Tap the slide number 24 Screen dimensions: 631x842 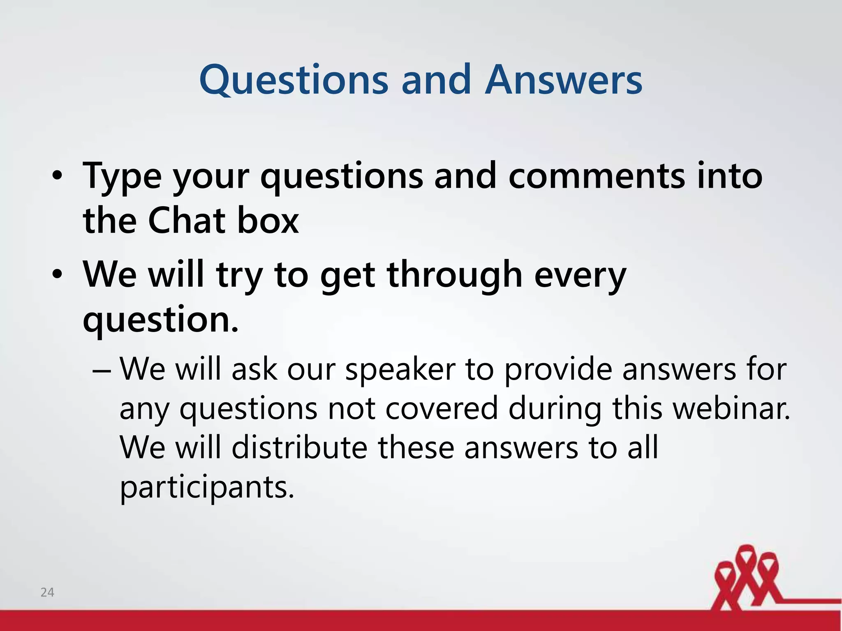(x=47, y=592)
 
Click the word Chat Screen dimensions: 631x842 (x=187, y=221)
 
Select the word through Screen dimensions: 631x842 (x=454, y=274)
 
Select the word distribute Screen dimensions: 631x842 (x=299, y=447)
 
